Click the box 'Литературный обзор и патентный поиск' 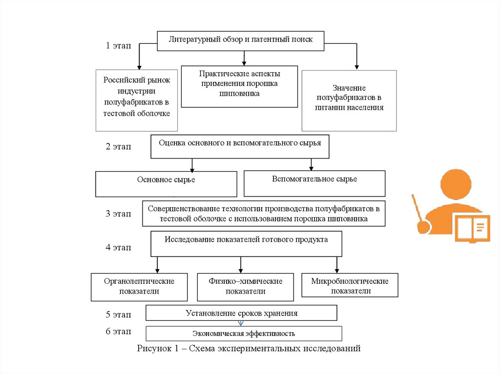pyautogui.click(x=241, y=40)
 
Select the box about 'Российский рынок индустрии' pyautogui.click(x=137, y=100)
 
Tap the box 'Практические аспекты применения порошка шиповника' pyautogui.click(x=239, y=86)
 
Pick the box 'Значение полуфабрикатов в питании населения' pyautogui.click(x=349, y=100)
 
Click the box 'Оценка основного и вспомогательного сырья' pyautogui.click(x=240, y=146)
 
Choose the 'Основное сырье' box pyautogui.click(x=166, y=183)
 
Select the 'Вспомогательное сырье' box pyautogui.click(x=314, y=183)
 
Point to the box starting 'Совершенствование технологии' pyautogui.click(x=264, y=214)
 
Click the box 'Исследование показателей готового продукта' pyautogui.click(x=246, y=244)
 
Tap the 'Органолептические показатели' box pyautogui.click(x=139, y=287)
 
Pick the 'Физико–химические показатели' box pyautogui.click(x=245, y=287)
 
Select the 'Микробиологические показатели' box pyautogui.click(x=350, y=285)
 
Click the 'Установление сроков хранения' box pyautogui.click(x=241, y=313)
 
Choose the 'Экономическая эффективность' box pyautogui.click(x=244, y=334)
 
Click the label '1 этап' pyautogui.click(x=119, y=46)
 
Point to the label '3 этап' pyautogui.click(x=119, y=214)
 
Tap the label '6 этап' pyautogui.click(x=119, y=332)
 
